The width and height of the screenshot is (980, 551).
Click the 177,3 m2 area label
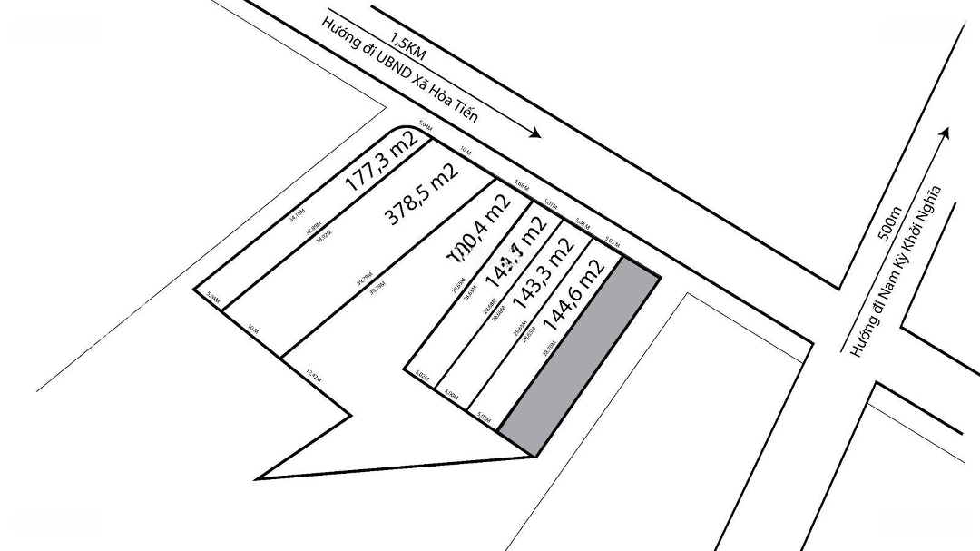click(x=381, y=161)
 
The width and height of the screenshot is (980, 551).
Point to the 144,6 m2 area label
click(x=573, y=295)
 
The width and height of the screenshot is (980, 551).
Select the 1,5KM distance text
click(x=408, y=47)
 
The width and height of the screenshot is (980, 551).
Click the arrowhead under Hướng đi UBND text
click(x=535, y=133)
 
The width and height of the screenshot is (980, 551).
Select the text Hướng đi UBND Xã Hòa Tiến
click(x=399, y=82)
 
